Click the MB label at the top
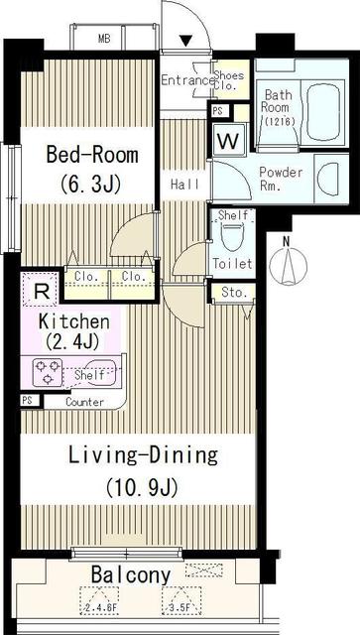[x=104, y=40]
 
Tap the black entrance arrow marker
[x=184, y=41]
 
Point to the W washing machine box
[x=227, y=141]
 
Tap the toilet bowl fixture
[x=233, y=236]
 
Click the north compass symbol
[x=290, y=263]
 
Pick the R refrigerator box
[x=40, y=292]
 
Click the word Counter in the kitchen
[x=86, y=402]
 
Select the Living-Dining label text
[x=143, y=455]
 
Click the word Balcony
[x=130, y=574]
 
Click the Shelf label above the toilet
[x=232, y=215]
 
